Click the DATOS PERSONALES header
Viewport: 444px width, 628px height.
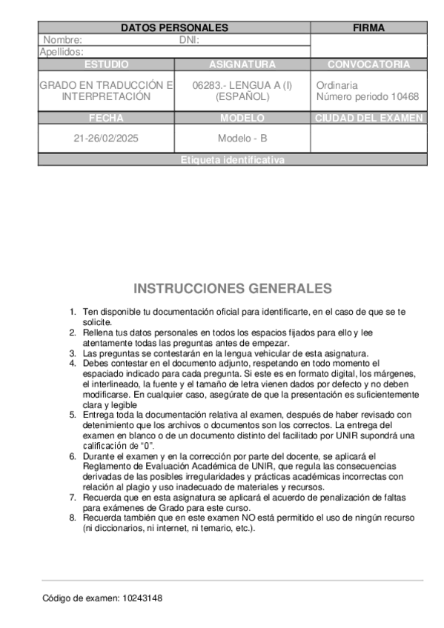[174, 28]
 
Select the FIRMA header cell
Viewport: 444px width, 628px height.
[368, 28]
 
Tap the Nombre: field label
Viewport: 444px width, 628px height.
[63, 41]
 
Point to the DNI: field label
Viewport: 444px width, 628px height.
[190, 41]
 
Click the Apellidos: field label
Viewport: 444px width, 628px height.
[62, 52]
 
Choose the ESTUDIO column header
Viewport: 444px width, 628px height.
[106, 64]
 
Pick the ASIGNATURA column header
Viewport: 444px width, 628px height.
[242, 64]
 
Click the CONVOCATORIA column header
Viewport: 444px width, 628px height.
[368, 64]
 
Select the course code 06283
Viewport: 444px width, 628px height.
[207, 85]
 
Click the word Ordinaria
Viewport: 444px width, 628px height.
[337, 85]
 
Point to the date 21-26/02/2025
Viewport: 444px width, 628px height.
[106, 138]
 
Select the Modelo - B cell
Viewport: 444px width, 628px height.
[242, 138]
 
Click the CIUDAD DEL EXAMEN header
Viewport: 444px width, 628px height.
[368, 118]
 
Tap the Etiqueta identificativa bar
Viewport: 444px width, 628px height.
[232, 160]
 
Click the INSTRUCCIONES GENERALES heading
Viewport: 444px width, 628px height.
[233, 289]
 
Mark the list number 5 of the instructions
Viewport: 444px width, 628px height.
[73, 415]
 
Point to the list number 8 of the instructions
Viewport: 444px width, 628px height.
[73, 518]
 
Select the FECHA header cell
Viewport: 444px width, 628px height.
[106, 118]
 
